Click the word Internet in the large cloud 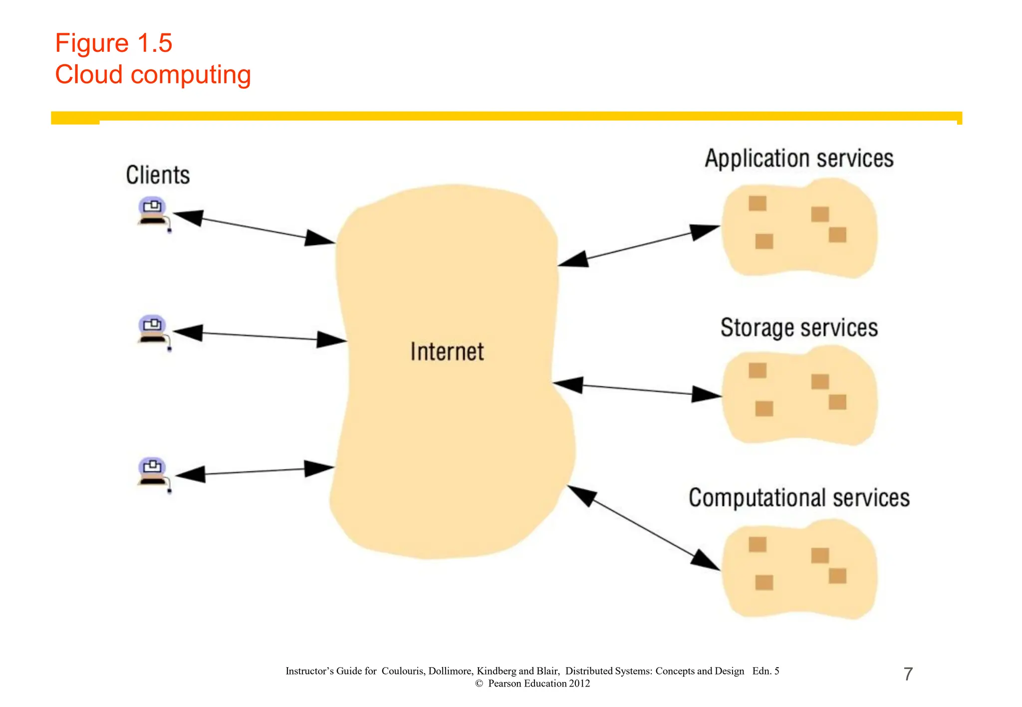click(x=447, y=352)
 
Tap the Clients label click(x=158, y=175)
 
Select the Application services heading click(x=798, y=159)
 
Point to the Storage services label click(x=798, y=328)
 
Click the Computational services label click(x=798, y=498)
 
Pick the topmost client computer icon click(x=153, y=212)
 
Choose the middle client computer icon click(x=153, y=330)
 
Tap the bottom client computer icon click(x=153, y=472)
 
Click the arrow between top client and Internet click(x=254, y=228)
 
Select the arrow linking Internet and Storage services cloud click(x=637, y=389)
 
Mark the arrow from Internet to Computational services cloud click(x=644, y=528)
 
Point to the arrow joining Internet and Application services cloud click(x=639, y=246)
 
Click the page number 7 click(x=908, y=674)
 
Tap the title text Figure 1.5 click(x=114, y=43)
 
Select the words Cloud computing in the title click(x=153, y=75)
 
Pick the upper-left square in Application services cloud click(x=757, y=203)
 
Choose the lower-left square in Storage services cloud click(x=764, y=409)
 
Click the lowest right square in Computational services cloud click(x=837, y=576)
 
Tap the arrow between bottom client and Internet click(x=255, y=471)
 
